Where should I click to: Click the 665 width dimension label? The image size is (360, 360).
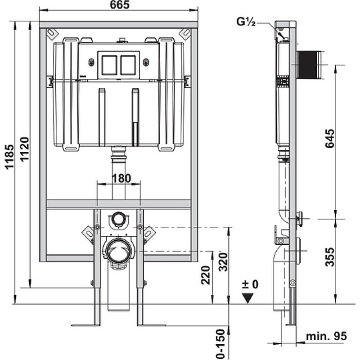[x=120, y=5]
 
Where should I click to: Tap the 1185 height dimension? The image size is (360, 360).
[x=10, y=157]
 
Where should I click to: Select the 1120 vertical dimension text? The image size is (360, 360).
[x=25, y=149]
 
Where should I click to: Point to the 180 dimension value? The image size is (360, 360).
[x=121, y=178]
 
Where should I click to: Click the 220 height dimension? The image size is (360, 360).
[x=206, y=275]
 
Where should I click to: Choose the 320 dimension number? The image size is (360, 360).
[x=222, y=262]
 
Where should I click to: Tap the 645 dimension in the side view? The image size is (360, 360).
[x=330, y=139]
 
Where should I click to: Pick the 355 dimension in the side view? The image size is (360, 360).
[x=330, y=257]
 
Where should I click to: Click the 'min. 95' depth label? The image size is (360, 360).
[x=326, y=336]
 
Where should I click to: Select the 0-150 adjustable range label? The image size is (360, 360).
[x=220, y=344]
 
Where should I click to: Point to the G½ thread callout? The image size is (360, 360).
[x=246, y=22]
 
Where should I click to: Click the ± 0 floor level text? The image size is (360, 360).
[x=250, y=284]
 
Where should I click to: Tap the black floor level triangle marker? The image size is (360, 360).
[x=248, y=298]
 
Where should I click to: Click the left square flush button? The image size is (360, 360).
[x=109, y=65]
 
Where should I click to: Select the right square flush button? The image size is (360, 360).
[x=128, y=65]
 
